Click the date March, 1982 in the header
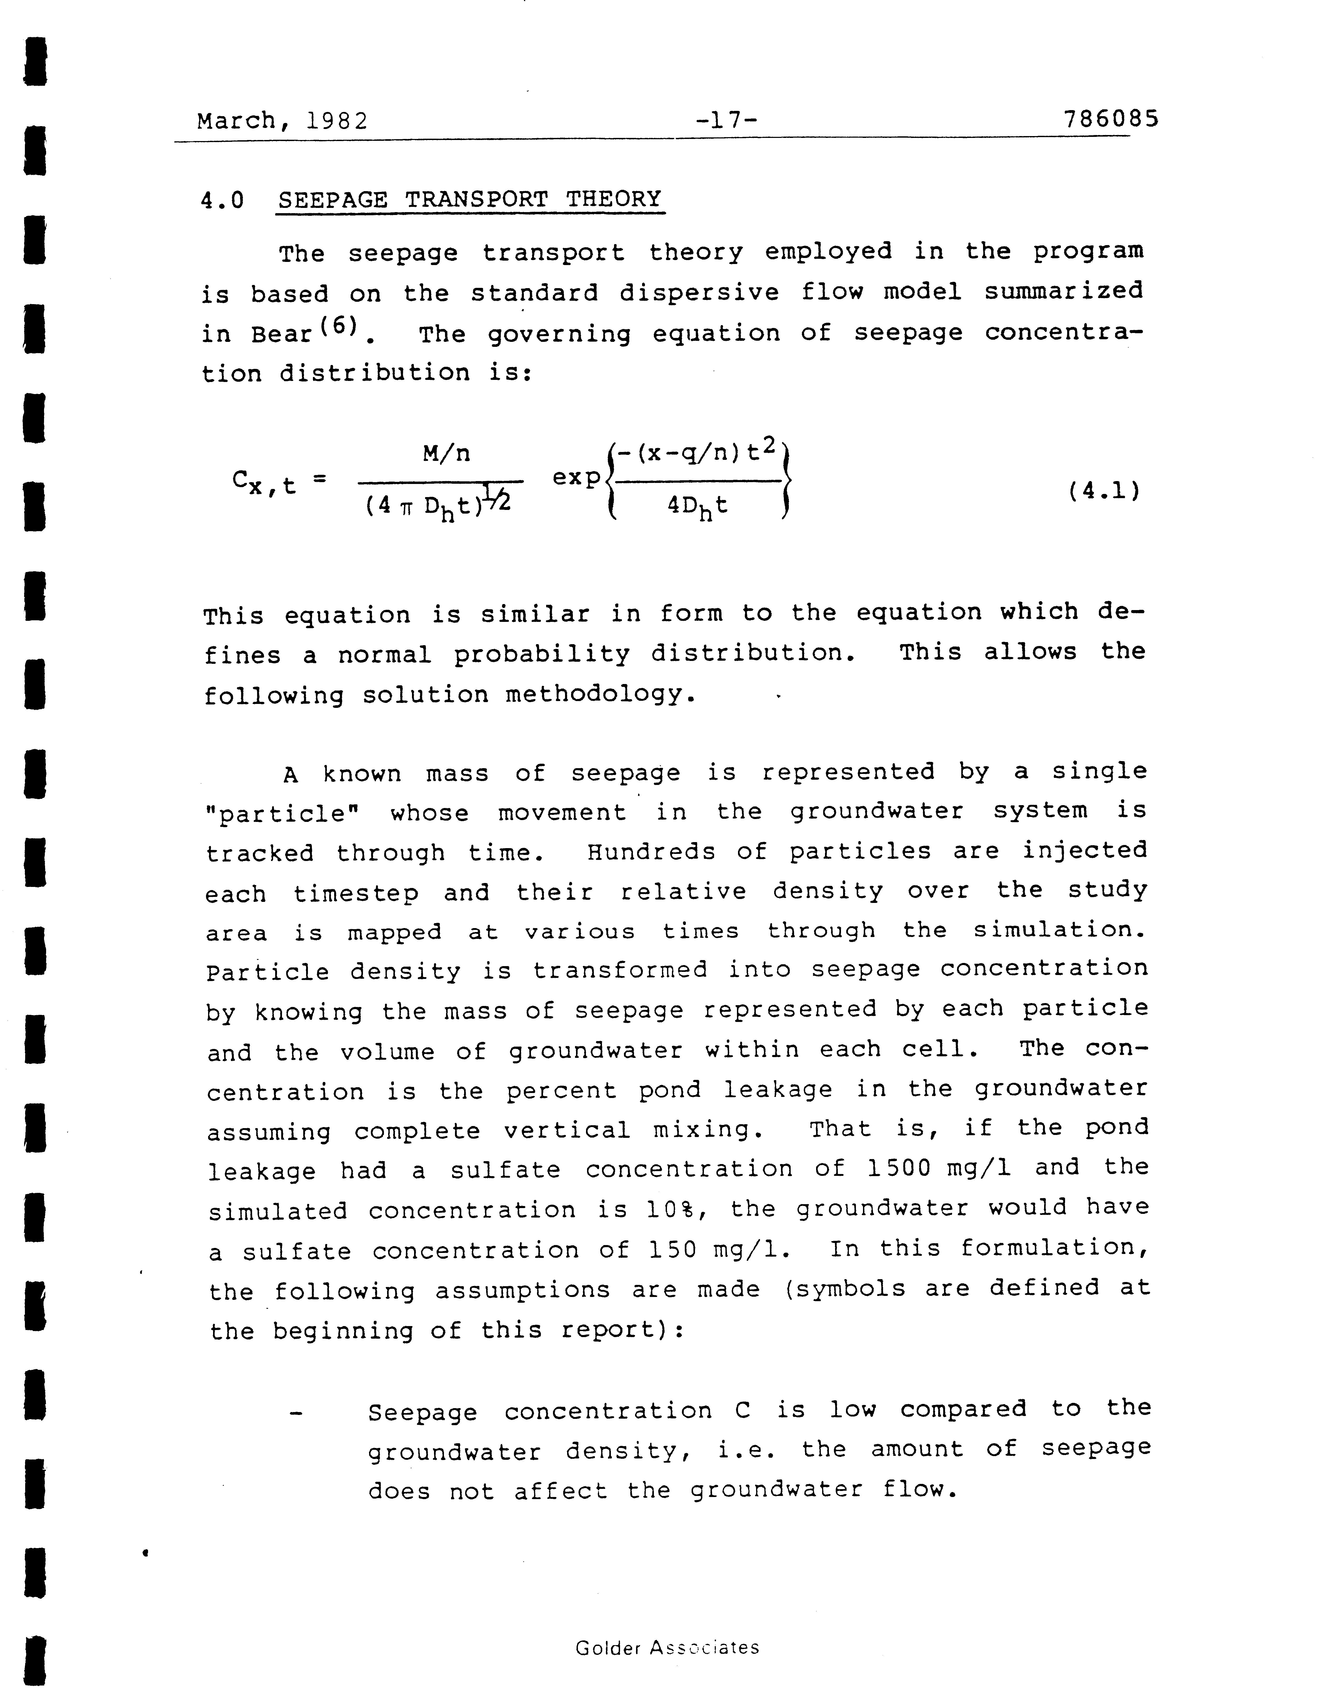(282, 121)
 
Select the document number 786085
(1110, 120)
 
